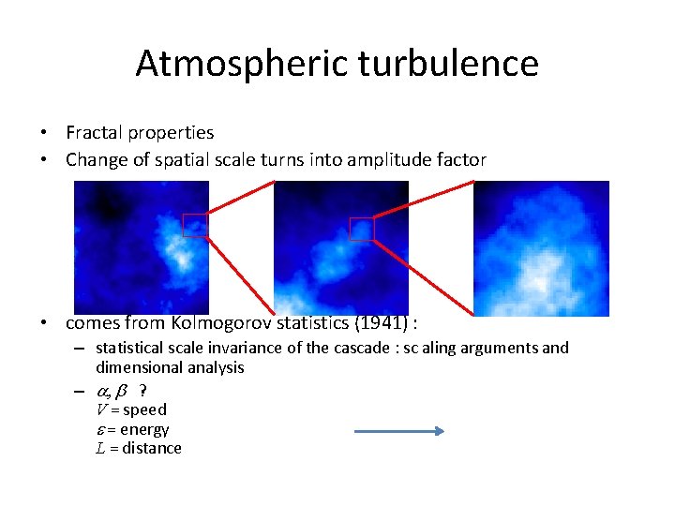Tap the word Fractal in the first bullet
click(x=93, y=133)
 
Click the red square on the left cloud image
click(x=195, y=225)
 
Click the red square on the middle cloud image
click(x=361, y=229)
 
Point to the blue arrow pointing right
click(x=398, y=431)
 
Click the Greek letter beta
click(x=120, y=390)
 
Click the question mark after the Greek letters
click(x=142, y=390)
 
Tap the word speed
click(x=144, y=409)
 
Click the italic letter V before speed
click(x=101, y=409)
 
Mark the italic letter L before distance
click(x=100, y=448)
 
